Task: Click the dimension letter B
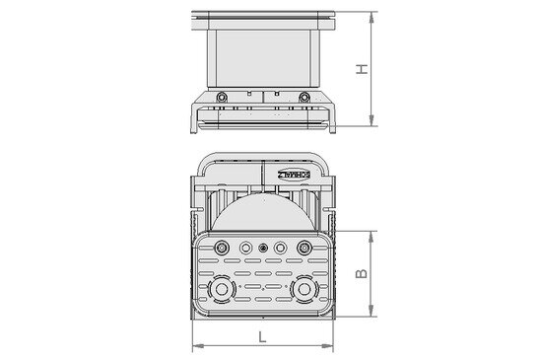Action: (363, 273)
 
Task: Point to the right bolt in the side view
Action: (304, 97)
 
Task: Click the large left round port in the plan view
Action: (226, 290)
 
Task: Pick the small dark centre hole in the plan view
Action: (263, 248)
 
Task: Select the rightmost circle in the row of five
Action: (302, 248)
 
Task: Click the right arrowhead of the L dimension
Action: (332, 346)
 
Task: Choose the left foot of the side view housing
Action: (195, 125)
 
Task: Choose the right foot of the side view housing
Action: (333, 125)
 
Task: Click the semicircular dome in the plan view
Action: (263, 212)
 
